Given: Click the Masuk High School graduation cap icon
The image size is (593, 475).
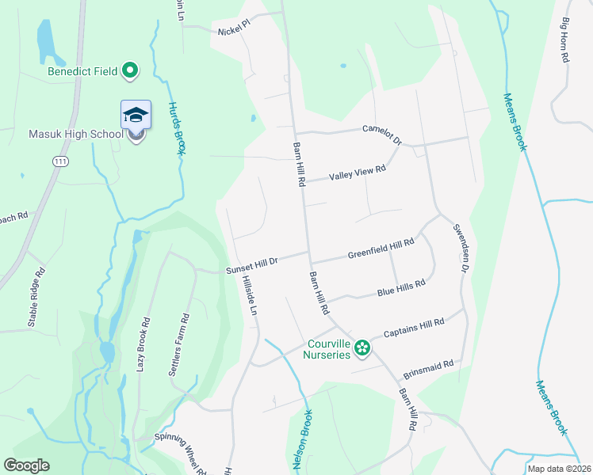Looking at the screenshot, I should (x=136, y=116).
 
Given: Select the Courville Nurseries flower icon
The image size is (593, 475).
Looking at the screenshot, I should (x=362, y=347).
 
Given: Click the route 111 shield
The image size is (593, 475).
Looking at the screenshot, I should (x=60, y=161).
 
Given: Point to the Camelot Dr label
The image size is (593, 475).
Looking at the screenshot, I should (x=382, y=134).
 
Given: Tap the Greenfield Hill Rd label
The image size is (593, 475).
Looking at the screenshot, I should (x=381, y=249).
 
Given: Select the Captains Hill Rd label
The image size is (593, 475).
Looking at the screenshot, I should (x=413, y=328).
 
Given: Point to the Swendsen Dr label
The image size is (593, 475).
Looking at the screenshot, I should (x=459, y=249).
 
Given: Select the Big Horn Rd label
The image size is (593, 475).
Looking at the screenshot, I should (x=566, y=41).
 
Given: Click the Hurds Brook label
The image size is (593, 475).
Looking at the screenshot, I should (x=176, y=128).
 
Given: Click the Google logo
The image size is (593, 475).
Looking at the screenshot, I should (x=27, y=465).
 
